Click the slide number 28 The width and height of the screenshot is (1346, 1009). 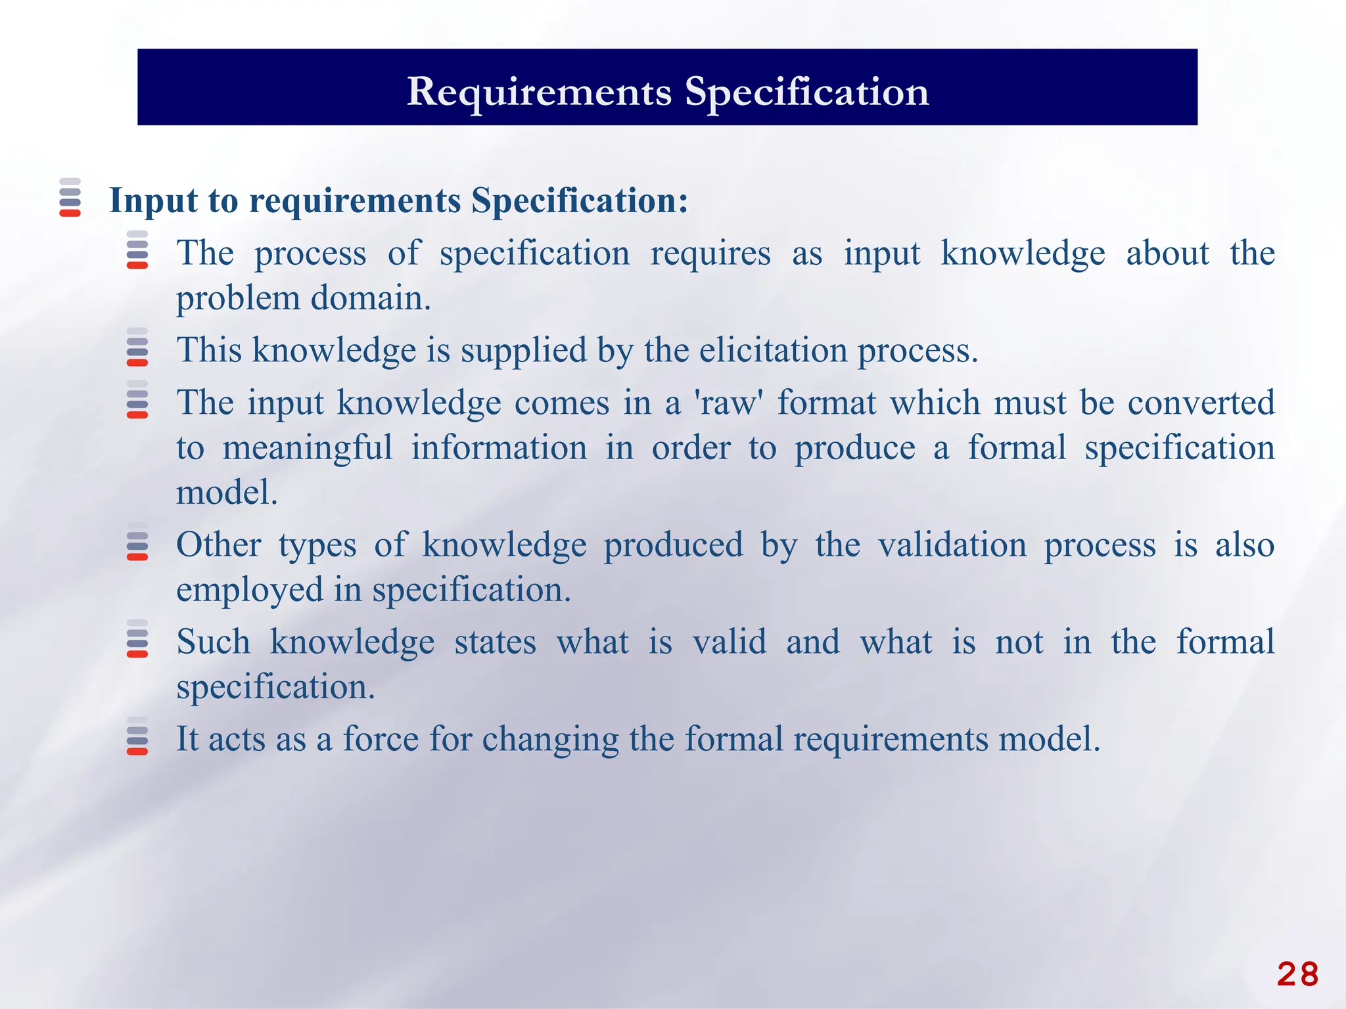tap(1297, 974)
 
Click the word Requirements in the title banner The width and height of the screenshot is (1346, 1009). tap(539, 91)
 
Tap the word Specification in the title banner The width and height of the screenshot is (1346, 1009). tap(806, 91)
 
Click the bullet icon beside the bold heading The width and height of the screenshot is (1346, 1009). tap(70, 197)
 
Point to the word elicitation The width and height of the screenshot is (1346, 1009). tap(773, 349)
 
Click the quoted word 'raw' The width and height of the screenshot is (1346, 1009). tap(728, 402)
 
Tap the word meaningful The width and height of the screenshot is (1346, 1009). tap(307, 448)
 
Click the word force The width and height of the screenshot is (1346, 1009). tap(381, 738)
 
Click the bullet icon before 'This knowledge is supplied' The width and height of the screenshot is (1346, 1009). tap(137, 347)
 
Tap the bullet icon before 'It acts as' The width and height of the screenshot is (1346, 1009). tap(137, 736)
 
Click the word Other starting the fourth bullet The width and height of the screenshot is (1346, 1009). tap(218, 545)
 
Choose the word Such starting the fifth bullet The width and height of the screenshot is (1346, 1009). tap(213, 642)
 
